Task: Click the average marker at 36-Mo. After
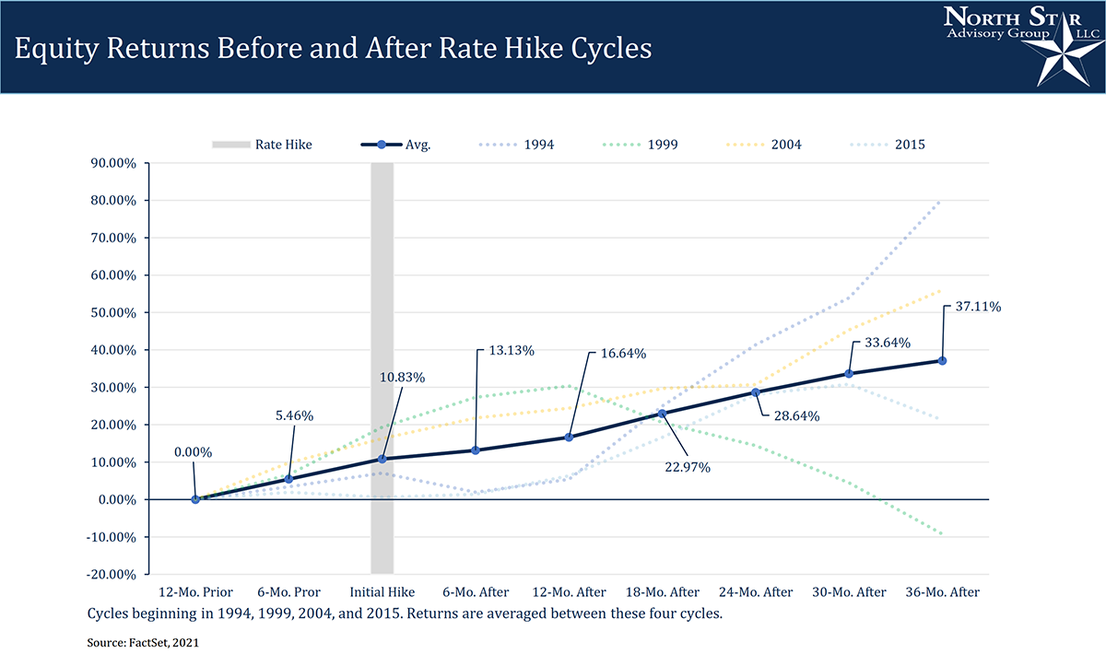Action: (x=942, y=360)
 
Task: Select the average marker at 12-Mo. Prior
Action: (x=195, y=499)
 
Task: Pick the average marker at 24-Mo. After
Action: (x=755, y=391)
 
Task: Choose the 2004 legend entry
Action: (x=764, y=145)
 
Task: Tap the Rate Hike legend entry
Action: (x=263, y=145)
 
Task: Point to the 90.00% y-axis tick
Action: (x=112, y=163)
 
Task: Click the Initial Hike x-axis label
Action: (x=382, y=591)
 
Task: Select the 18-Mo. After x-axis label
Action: (x=662, y=591)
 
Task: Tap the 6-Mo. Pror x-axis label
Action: (x=288, y=591)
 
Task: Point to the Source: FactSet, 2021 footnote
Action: (x=143, y=643)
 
